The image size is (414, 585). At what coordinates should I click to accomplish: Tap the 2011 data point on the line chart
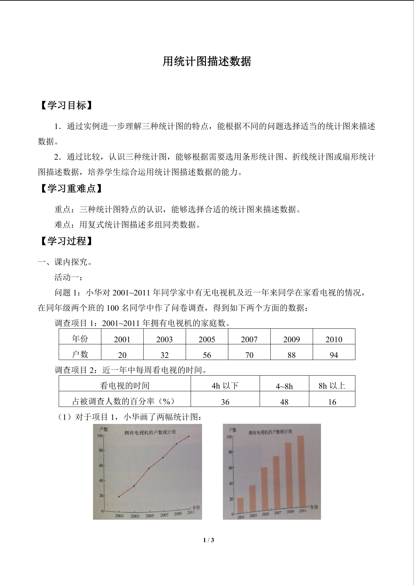coord(189,436)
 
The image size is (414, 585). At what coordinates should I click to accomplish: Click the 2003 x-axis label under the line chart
coord(135,516)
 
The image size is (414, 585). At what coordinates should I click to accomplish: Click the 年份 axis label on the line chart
coord(196,508)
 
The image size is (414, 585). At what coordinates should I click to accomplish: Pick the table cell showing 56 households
coord(207,355)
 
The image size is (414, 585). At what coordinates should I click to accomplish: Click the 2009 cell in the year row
coord(291,339)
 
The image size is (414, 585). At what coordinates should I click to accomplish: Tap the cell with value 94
coord(334,355)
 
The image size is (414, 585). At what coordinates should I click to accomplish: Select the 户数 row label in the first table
coord(80,354)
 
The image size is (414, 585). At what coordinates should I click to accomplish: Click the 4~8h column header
coord(284,386)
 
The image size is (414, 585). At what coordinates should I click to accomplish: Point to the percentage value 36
coord(225,402)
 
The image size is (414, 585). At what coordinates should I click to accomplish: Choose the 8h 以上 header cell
coord(332,386)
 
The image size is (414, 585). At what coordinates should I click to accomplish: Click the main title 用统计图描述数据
coord(207,61)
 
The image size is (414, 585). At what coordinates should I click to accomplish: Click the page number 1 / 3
coord(208,540)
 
